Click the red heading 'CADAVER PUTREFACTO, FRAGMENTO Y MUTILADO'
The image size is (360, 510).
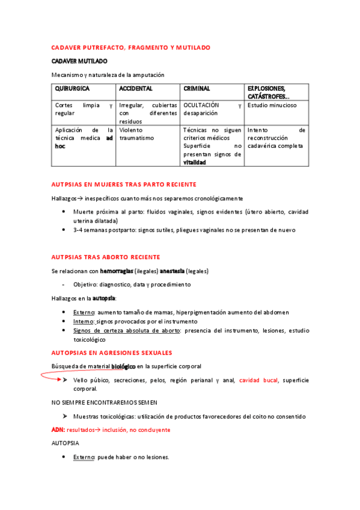tap(130, 47)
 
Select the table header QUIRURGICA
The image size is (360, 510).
tap(73, 88)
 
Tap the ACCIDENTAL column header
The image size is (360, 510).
tap(135, 88)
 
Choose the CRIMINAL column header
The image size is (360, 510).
tap(197, 88)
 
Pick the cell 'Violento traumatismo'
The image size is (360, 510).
tap(136, 134)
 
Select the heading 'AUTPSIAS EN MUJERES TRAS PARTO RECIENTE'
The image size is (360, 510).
tap(124, 184)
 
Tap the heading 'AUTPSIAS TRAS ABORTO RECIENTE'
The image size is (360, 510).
tap(105, 256)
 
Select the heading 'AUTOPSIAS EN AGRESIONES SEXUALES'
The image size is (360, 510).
tap(112, 352)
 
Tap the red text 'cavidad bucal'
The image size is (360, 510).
tap(258, 380)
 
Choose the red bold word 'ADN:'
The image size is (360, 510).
tap(58, 430)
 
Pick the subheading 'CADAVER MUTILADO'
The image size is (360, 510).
tap(79, 61)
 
